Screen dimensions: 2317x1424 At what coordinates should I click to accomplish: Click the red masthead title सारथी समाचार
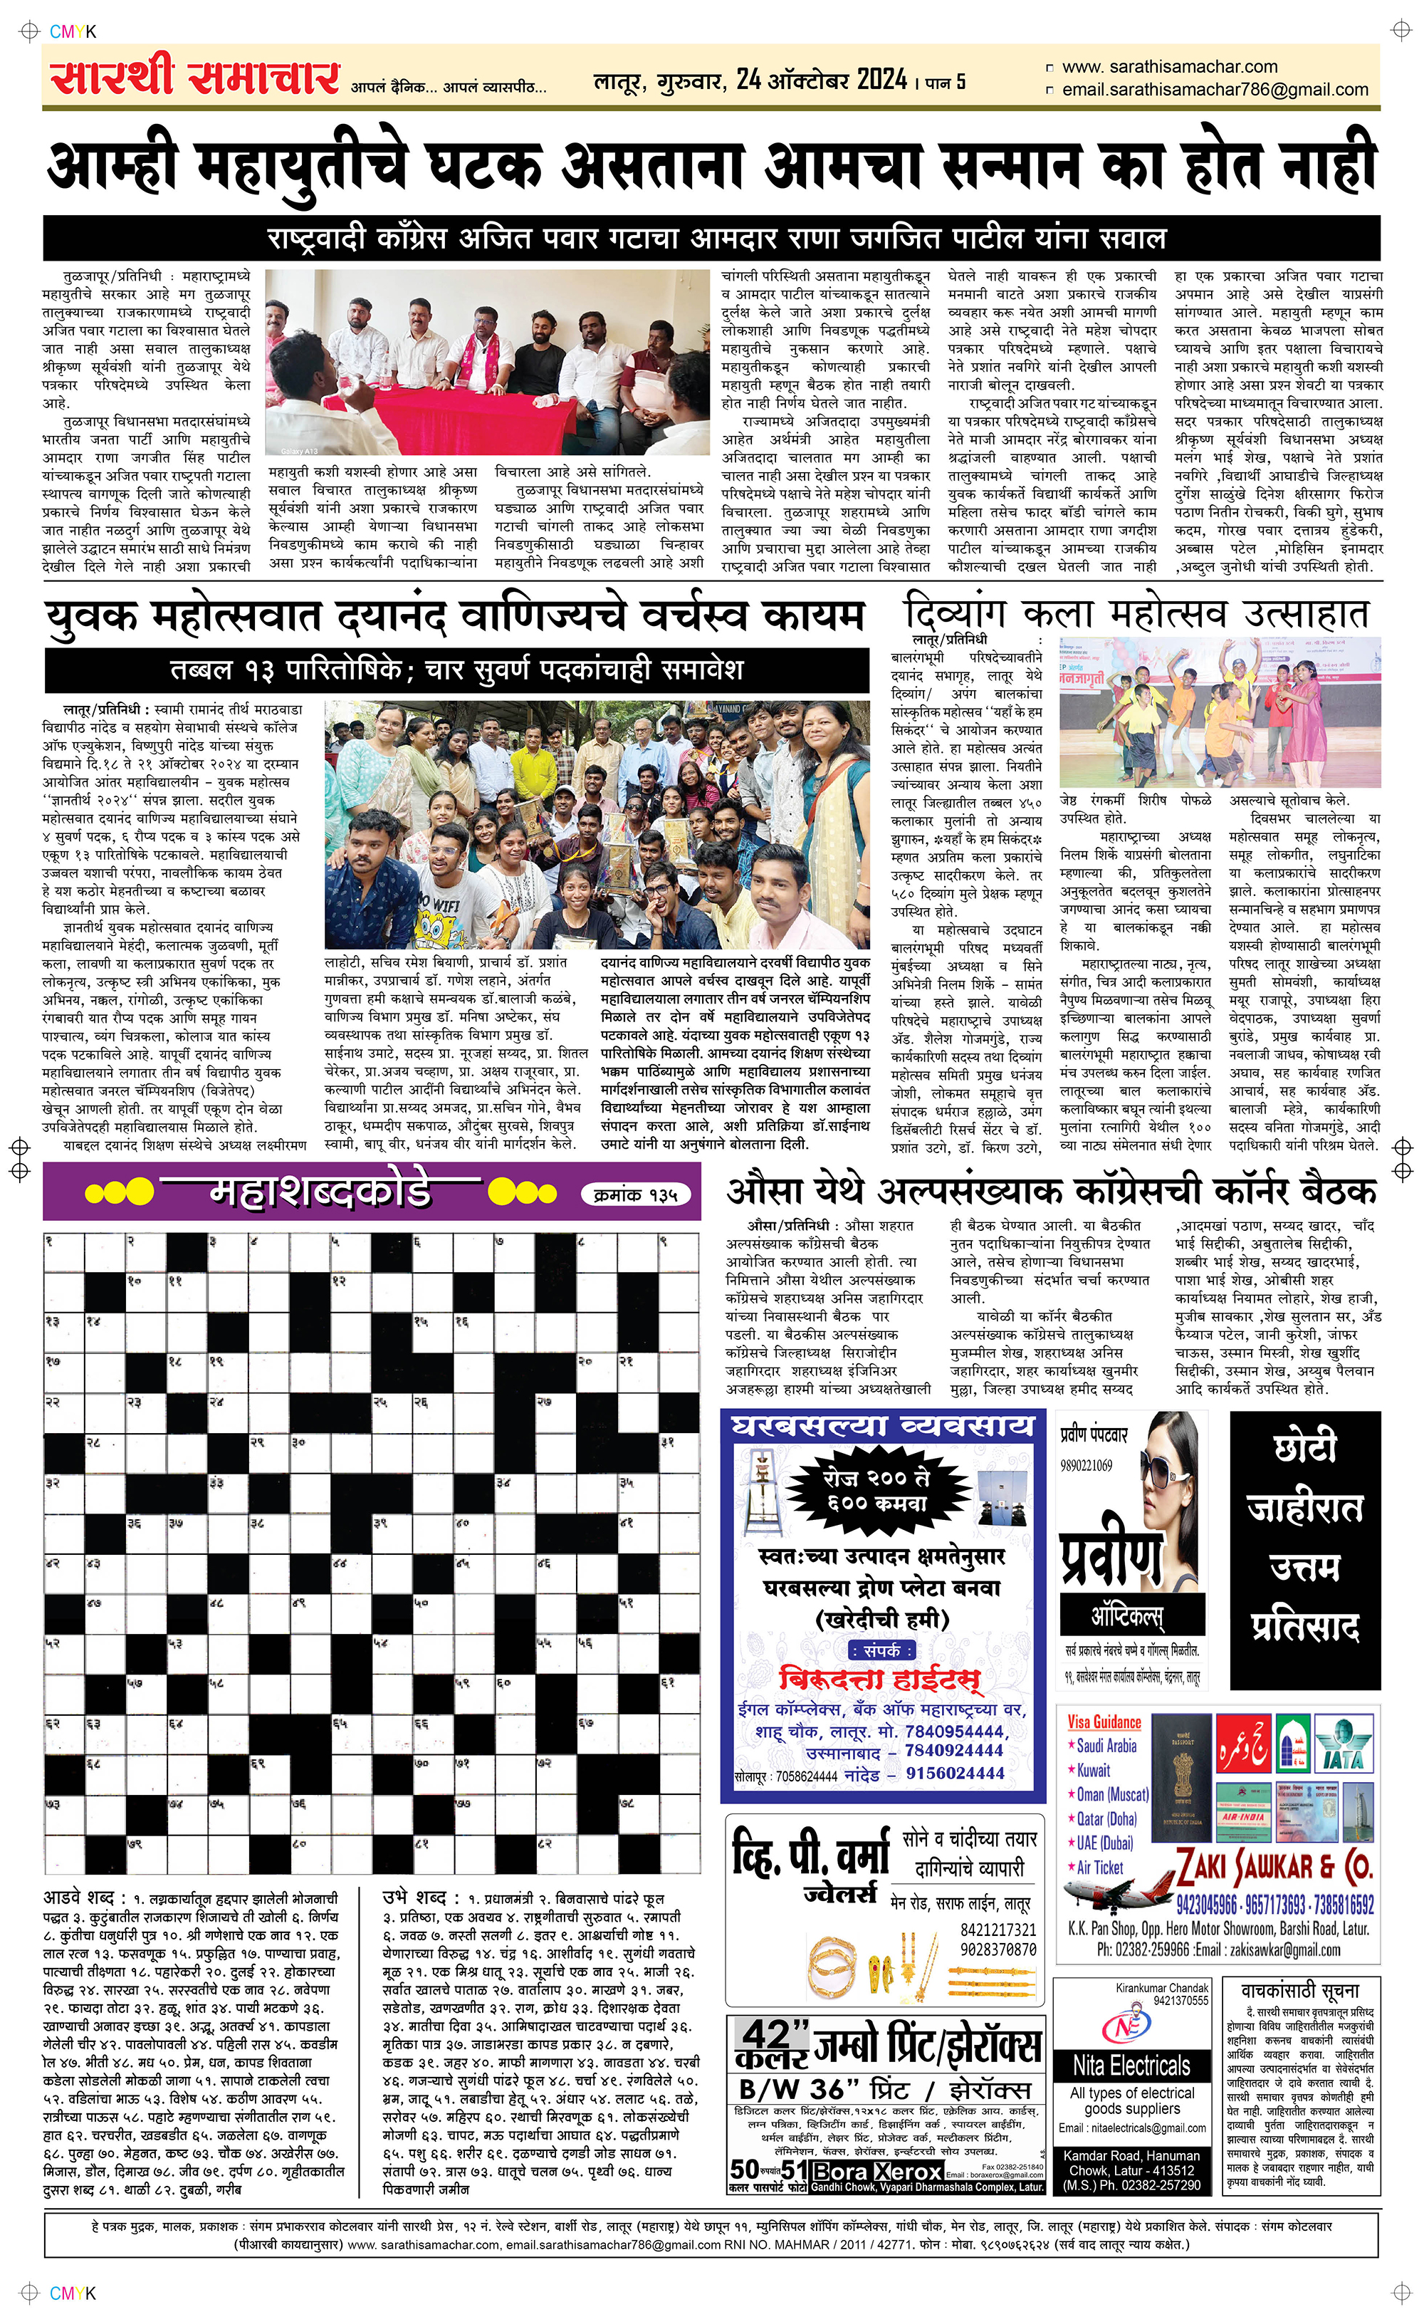click(x=195, y=77)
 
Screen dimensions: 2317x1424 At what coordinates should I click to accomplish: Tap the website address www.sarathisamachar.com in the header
click(x=1169, y=67)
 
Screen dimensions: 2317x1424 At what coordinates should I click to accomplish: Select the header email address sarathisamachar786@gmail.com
click(x=1214, y=90)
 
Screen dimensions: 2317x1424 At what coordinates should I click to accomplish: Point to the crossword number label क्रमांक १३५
click(x=637, y=1195)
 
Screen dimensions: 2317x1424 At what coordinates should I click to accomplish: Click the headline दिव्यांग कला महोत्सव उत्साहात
click(x=1135, y=615)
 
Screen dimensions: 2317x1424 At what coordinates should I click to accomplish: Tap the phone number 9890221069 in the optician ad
click(x=1086, y=1466)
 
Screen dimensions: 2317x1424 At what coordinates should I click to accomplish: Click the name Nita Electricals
click(x=1131, y=2066)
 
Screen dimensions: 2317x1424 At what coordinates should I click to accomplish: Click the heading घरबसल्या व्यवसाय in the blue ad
click(x=881, y=1426)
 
